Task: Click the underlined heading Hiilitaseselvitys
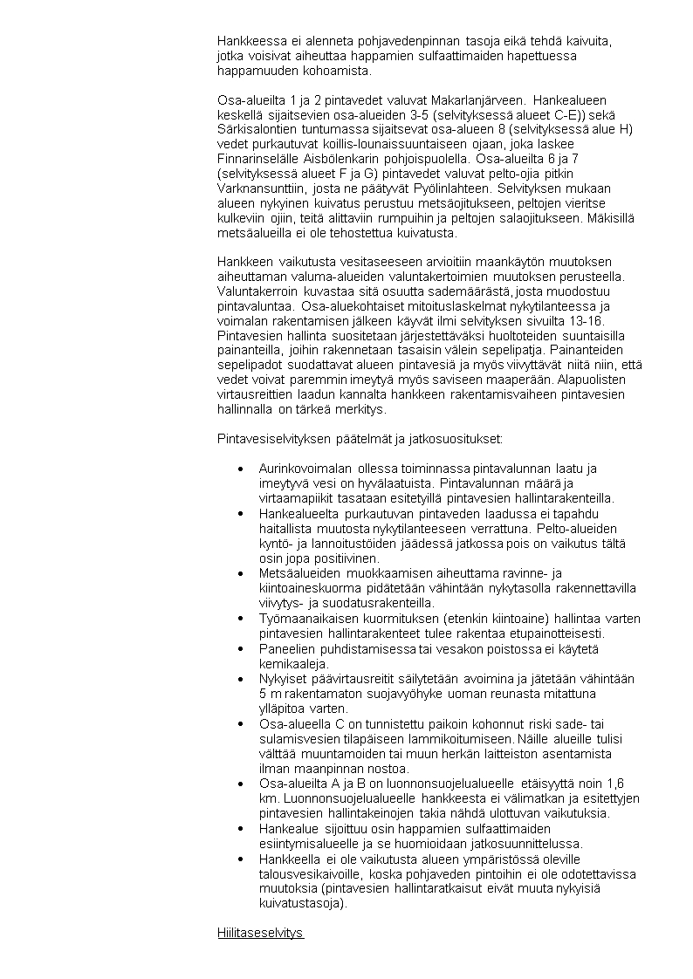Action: click(x=260, y=933)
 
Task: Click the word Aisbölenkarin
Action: click(x=343, y=159)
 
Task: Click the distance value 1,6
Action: click(x=614, y=784)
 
